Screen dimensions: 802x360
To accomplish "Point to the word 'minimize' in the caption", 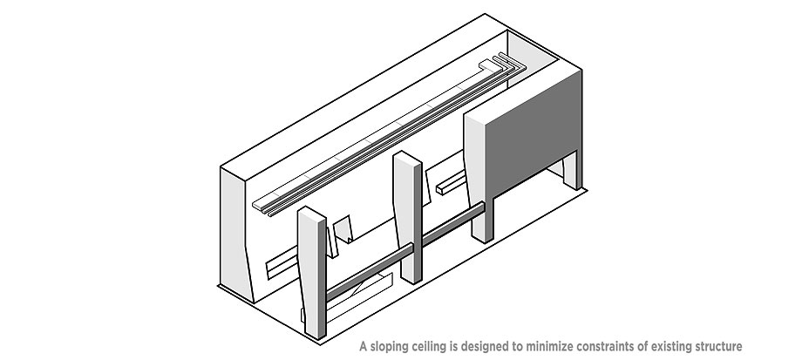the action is (551, 346).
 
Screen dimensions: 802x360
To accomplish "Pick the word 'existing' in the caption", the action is (672, 347).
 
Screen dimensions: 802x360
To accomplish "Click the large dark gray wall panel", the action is (532, 134).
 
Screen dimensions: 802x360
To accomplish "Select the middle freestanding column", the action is (409, 217).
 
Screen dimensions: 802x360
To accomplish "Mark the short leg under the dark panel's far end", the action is (573, 170).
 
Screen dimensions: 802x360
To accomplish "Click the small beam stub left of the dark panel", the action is (451, 183).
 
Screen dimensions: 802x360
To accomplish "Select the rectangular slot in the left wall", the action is (282, 262).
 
